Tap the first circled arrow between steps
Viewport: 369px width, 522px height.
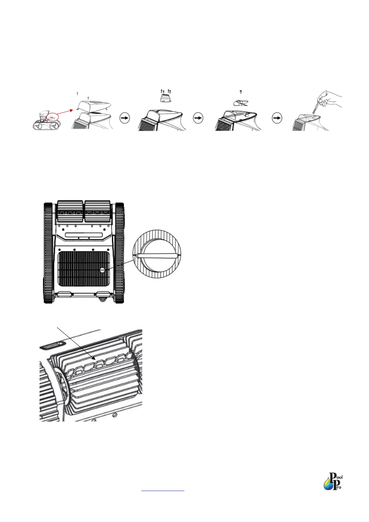tap(125, 118)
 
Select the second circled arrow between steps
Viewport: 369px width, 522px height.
tap(198, 118)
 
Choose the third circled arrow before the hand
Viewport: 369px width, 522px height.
tap(277, 118)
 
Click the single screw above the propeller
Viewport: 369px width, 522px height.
tap(241, 92)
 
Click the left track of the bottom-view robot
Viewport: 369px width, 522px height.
tap(48, 253)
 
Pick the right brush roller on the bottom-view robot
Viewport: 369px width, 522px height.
tap(98, 211)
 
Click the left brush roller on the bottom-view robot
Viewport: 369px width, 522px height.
tap(70, 211)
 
